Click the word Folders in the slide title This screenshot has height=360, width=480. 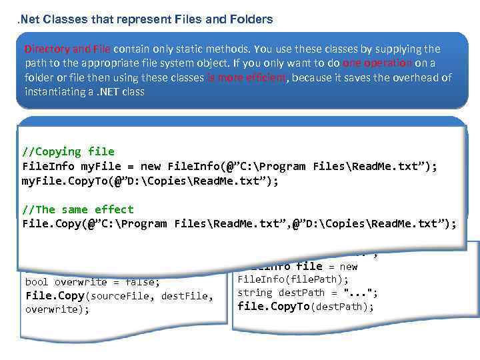251,19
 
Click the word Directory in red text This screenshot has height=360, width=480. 47,49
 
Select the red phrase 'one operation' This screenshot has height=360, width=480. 377,63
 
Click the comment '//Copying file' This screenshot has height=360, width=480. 69,152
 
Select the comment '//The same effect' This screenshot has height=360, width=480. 78,209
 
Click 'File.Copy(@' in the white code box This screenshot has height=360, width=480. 54,224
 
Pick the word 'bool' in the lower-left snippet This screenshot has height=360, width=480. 37,281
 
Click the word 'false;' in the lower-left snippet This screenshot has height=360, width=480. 141,281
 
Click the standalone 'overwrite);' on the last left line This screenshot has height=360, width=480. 57,309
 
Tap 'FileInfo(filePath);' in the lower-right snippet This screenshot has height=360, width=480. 293,279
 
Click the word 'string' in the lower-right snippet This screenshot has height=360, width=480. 255,293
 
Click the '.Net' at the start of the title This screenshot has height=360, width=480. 28,19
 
